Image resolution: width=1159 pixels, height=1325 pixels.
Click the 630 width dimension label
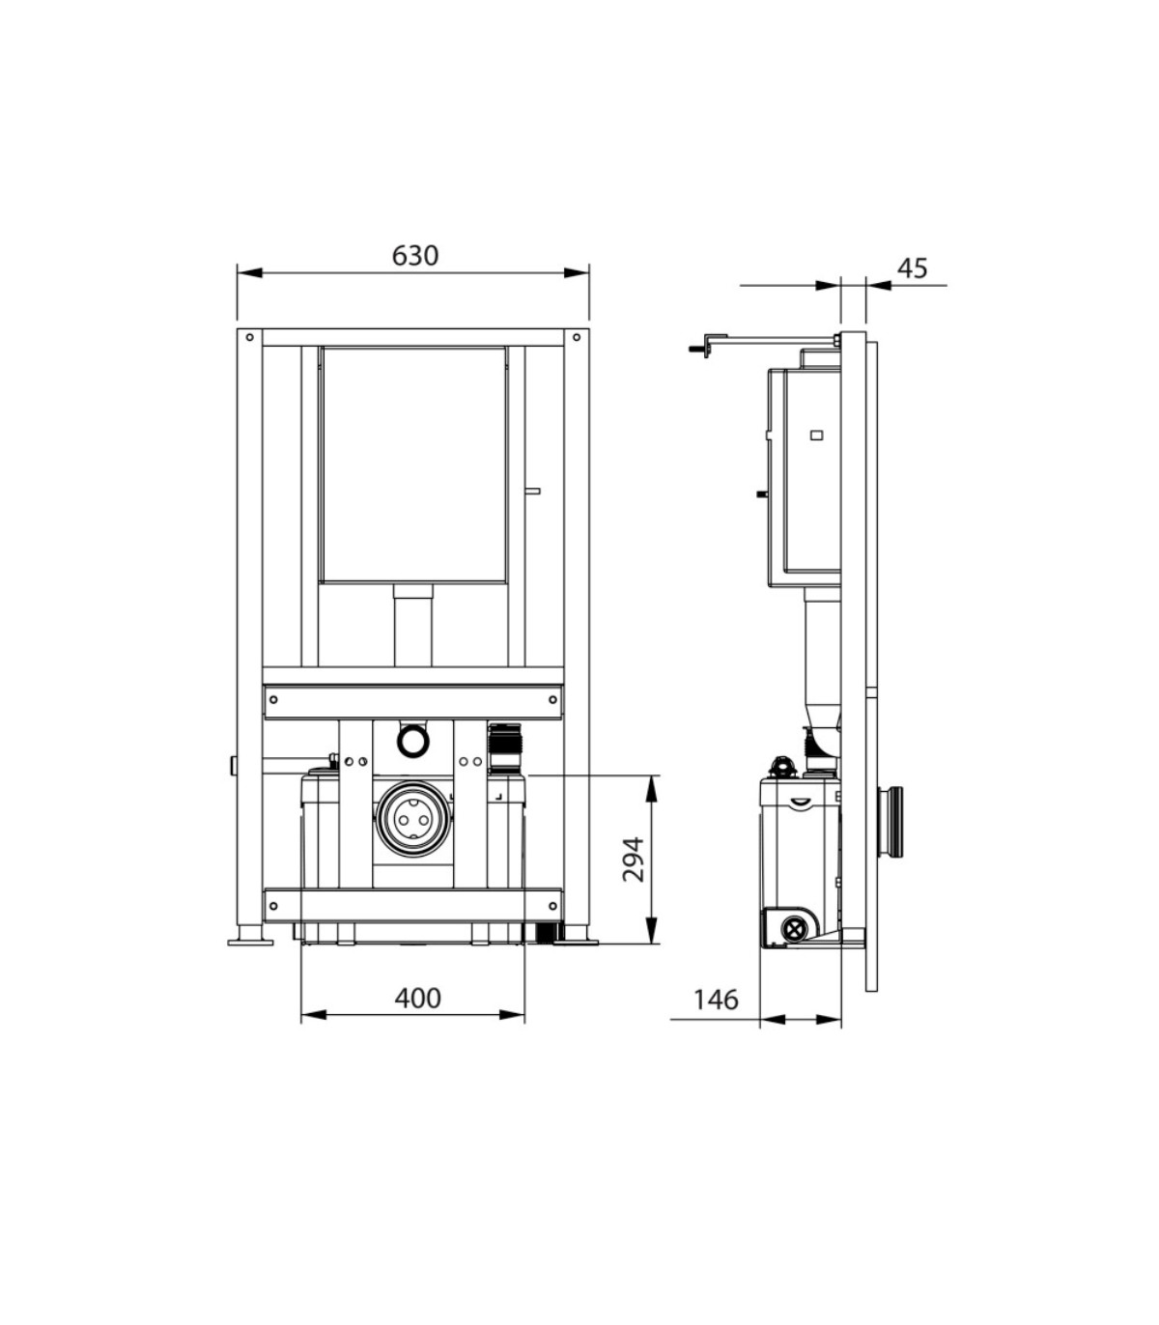click(x=415, y=256)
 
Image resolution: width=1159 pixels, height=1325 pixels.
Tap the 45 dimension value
click(x=913, y=268)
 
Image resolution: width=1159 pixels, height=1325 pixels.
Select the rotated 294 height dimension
click(x=634, y=860)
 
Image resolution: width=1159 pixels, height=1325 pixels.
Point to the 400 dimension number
click(x=417, y=998)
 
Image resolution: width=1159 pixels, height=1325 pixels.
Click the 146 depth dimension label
click(x=716, y=1000)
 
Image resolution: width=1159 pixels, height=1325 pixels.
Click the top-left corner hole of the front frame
click(x=250, y=337)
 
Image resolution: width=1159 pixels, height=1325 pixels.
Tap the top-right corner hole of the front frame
click(x=577, y=337)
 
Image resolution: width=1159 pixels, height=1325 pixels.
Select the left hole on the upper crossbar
click(x=273, y=699)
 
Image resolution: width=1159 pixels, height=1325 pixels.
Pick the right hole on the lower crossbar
click(x=553, y=906)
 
